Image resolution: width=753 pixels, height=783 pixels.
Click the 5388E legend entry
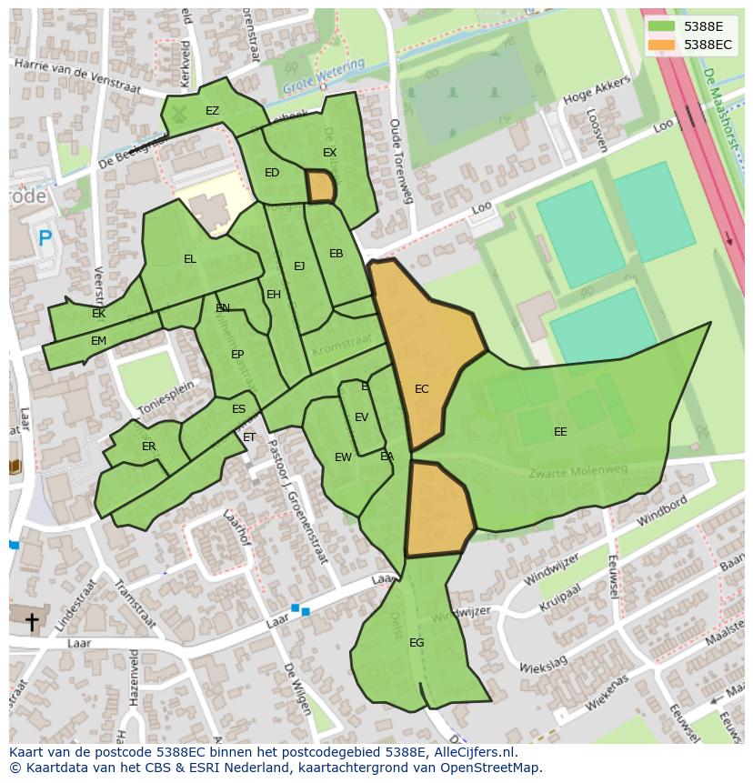click(x=703, y=26)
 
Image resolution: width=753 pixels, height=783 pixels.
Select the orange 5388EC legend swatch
click(x=662, y=45)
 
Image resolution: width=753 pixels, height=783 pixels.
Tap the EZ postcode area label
click(x=212, y=111)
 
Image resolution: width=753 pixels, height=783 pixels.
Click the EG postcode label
click(x=417, y=643)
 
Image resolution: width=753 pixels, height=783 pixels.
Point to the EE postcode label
click(x=560, y=432)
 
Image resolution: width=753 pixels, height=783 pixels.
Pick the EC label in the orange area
click(x=421, y=389)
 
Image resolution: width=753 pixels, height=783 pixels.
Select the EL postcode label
click(x=189, y=259)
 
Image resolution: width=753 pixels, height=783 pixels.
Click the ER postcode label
click(x=148, y=447)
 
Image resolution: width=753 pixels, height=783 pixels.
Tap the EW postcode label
click(x=343, y=457)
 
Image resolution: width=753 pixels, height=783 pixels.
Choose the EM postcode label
click(x=98, y=341)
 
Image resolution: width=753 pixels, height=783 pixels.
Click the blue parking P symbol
click(x=45, y=239)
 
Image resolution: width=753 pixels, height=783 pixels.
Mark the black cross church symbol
click(x=32, y=622)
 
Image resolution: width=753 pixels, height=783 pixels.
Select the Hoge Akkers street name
click(x=596, y=94)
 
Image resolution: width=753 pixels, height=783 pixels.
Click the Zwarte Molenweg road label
click(x=578, y=472)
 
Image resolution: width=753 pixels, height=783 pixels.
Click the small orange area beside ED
click(x=321, y=186)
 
